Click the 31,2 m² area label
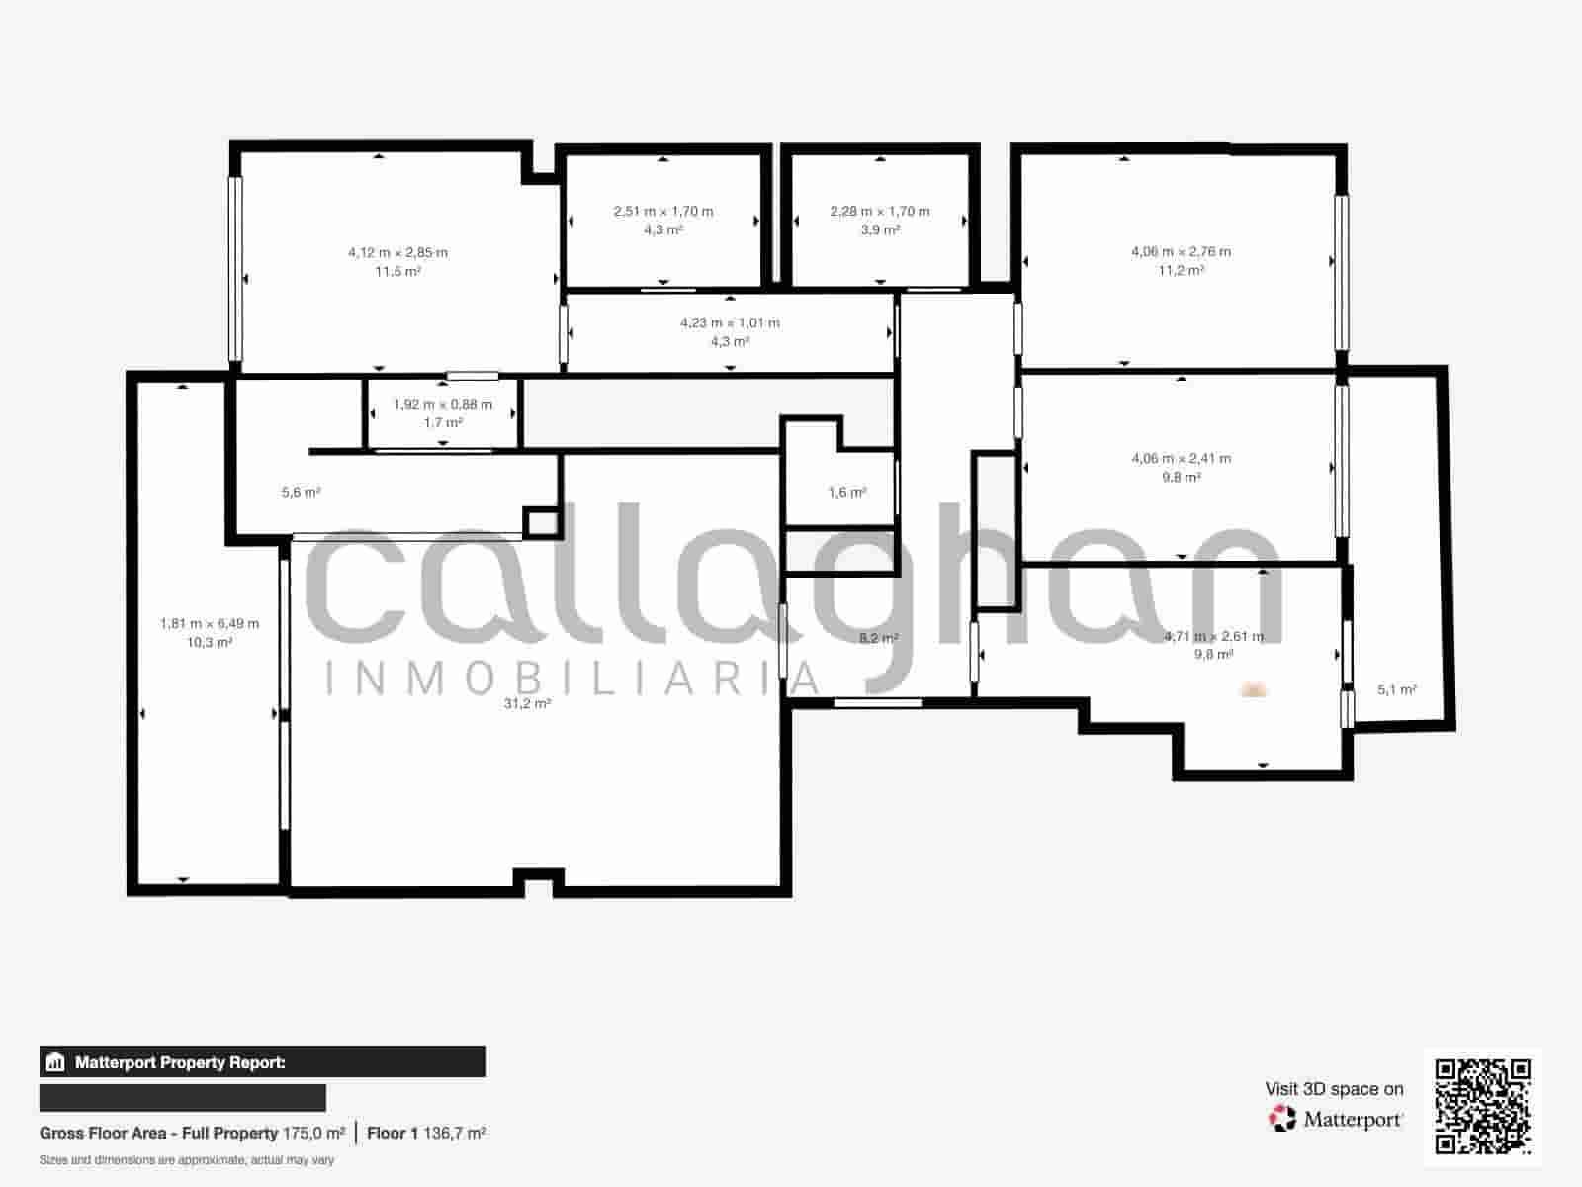(527, 703)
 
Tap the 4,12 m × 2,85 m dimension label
(397, 252)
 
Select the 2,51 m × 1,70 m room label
(662, 211)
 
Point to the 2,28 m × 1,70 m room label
(880, 211)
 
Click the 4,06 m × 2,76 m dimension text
(1181, 251)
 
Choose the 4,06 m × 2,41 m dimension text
(1181, 458)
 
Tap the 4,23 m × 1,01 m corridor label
(730, 322)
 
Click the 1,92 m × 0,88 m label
(442, 404)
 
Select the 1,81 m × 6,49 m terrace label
(210, 623)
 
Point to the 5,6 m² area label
(301, 492)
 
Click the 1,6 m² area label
(847, 492)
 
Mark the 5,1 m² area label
(1397, 689)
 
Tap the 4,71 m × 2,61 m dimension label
(1213, 636)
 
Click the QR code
(1482, 1106)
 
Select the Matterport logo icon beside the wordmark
(1282, 1119)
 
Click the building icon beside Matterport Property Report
(55, 1062)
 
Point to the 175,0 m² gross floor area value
(313, 1133)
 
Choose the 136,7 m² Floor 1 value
(454, 1133)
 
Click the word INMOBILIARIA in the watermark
(572, 679)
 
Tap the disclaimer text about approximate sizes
(187, 1159)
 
